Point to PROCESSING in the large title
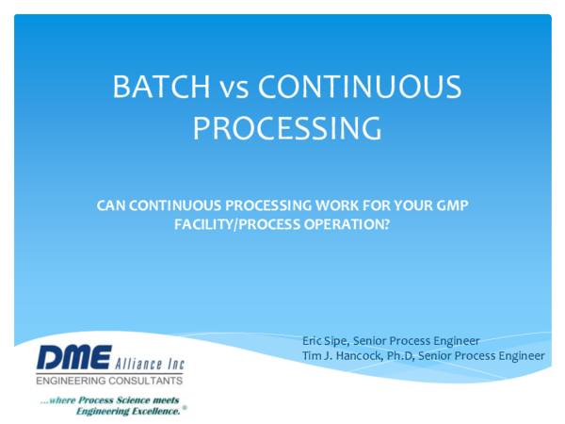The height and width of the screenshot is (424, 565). (x=287, y=127)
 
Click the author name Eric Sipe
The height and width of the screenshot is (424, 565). (x=324, y=340)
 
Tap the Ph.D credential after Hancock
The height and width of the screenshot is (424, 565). (x=399, y=355)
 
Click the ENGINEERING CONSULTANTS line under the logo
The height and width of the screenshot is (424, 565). (x=108, y=381)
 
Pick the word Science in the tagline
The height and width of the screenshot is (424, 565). (x=124, y=400)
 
